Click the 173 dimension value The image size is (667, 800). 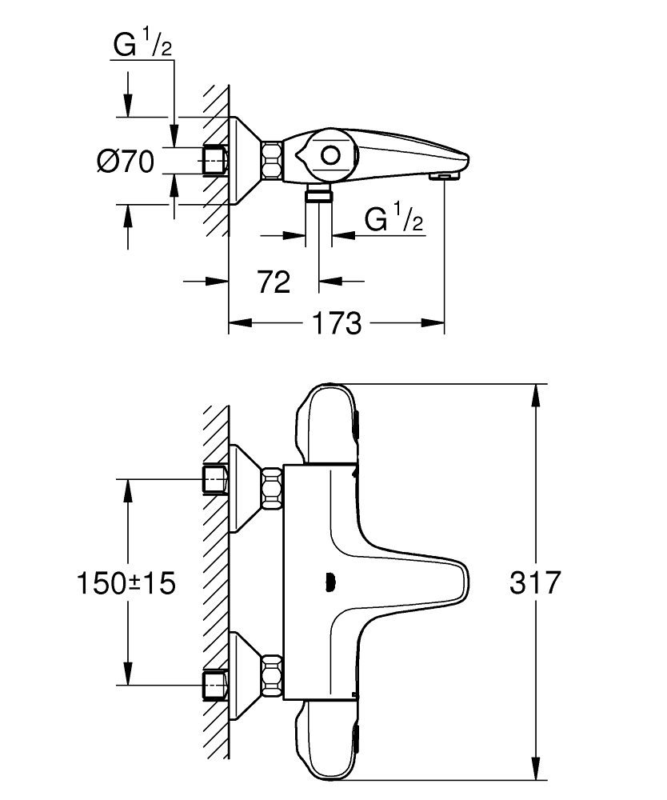click(337, 324)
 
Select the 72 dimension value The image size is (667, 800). click(273, 282)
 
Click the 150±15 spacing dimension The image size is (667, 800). click(127, 582)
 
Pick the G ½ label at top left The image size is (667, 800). click(142, 46)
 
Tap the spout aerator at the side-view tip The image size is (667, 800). click(441, 175)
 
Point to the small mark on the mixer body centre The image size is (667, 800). click(329, 582)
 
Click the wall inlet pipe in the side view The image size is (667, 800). click(215, 160)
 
